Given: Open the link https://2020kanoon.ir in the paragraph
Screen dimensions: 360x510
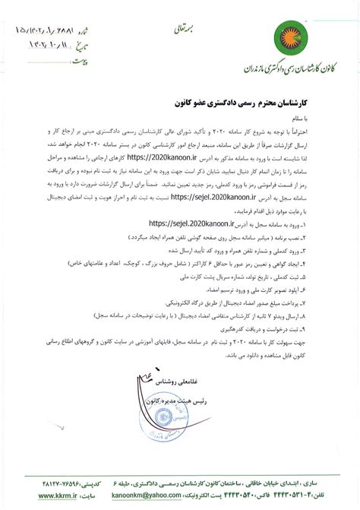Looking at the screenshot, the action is [178, 156].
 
